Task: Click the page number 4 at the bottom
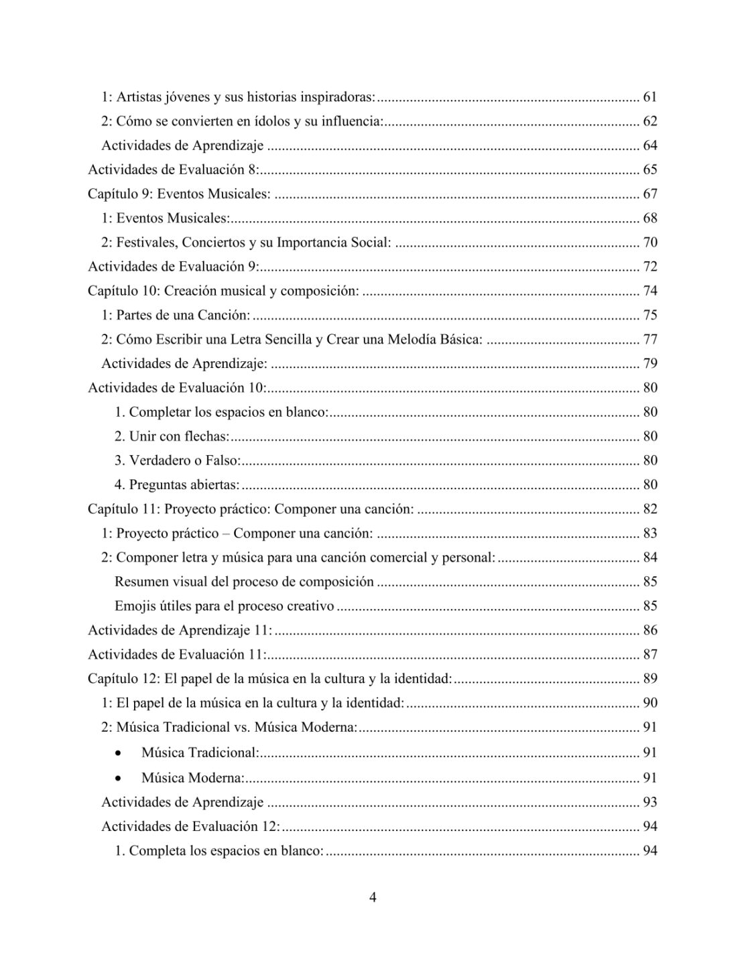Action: pyautogui.click(x=373, y=897)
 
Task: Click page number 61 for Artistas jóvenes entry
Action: pyautogui.click(x=649, y=97)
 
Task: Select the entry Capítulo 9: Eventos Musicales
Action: pyautogui.click(x=179, y=194)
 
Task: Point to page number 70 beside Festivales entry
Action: pyautogui.click(x=649, y=243)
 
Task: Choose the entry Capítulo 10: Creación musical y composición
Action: pyautogui.click(x=224, y=291)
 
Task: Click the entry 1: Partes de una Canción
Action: pyautogui.click(x=176, y=315)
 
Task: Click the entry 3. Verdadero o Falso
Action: pyautogui.click(x=178, y=460)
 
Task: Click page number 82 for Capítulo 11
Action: pyautogui.click(x=649, y=509)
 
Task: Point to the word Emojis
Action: pyautogui.click(x=134, y=606)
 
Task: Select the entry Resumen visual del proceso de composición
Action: pyautogui.click(x=244, y=582)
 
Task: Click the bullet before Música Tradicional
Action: pyautogui.click(x=119, y=753)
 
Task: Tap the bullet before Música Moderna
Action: pyautogui.click(x=119, y=779)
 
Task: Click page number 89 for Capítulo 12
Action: pyautogui.click(x=649, y=679)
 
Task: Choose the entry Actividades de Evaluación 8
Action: pyautogui.click(x=172, y=170)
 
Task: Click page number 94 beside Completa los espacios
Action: pyautogui.click(x=649, y=851)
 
